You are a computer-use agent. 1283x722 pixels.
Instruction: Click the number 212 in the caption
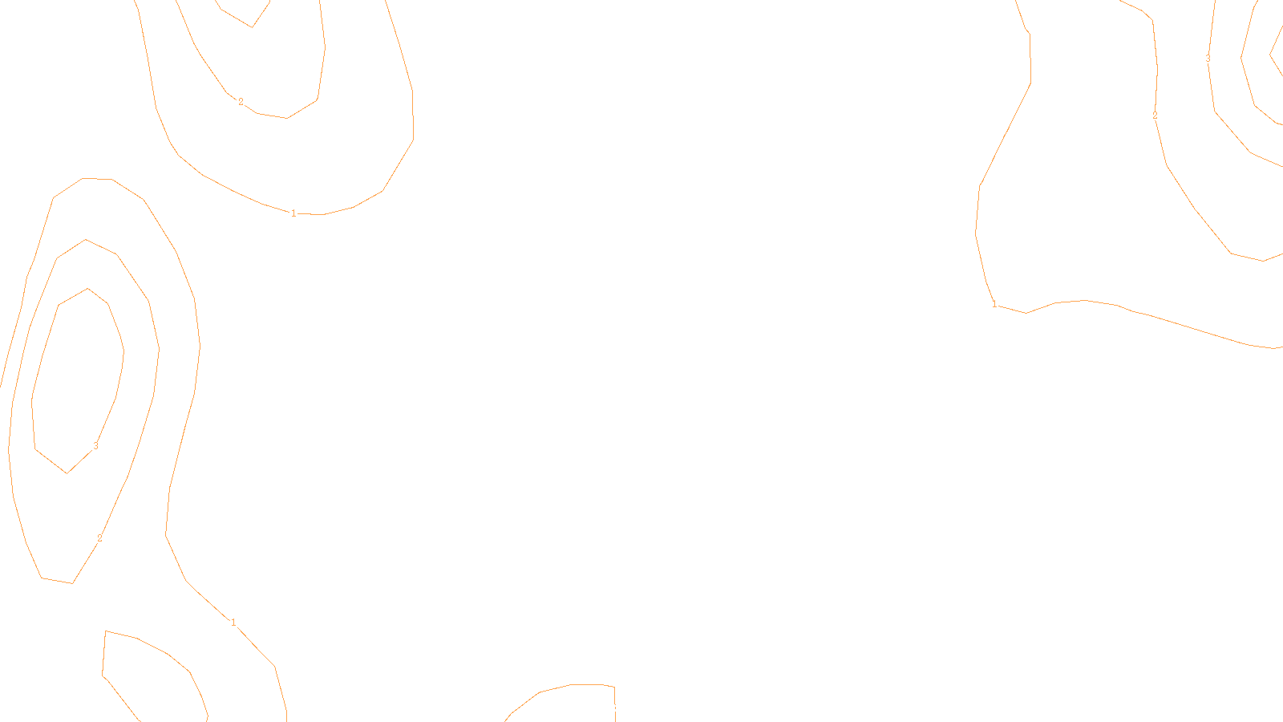click(608, 708)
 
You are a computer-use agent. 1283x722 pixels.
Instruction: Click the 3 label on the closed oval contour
click(95, 445)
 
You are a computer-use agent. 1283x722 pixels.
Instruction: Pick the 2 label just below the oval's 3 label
click(99, 538)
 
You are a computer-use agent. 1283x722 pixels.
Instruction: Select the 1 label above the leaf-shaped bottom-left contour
click(233, 623)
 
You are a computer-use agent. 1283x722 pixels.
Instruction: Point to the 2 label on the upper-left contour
click(241, 102)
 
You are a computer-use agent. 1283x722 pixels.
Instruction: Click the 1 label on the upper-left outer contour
click(293, 213)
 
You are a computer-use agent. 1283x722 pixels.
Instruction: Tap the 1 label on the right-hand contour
click(994, 304)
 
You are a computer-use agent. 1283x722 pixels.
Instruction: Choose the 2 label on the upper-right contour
click(1155, 116)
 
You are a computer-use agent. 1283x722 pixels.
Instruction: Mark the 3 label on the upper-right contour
click(1208, 59)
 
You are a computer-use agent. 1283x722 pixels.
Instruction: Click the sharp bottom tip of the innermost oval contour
click(67, 473)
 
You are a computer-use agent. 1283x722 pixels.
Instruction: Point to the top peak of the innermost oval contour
click(87, 289)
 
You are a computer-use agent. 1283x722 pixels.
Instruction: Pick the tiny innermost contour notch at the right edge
click(1273, 55)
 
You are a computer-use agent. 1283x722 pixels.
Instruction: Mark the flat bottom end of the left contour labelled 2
click(57, 580)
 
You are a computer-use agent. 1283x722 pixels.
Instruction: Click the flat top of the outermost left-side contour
click(96, 179)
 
